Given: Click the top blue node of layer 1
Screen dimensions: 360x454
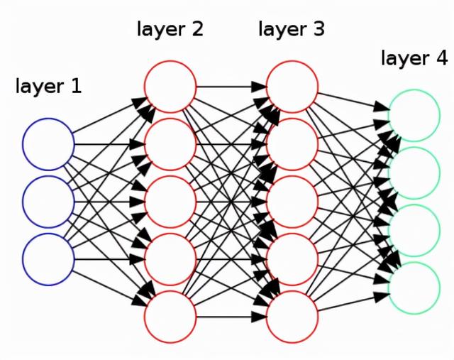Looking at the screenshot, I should pos(48,145).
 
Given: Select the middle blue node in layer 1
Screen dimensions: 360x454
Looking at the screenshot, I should pos(48,202).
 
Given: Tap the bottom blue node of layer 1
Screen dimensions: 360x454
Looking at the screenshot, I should pos(48,259).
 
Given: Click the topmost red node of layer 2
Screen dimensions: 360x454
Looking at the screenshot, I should pos(170,87).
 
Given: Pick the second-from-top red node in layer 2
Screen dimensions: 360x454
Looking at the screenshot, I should pos(170,144).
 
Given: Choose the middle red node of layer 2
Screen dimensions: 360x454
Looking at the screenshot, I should pos(170,202).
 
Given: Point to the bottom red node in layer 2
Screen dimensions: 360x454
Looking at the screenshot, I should pos(170,317).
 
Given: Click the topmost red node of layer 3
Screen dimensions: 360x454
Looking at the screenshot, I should pos(292,87).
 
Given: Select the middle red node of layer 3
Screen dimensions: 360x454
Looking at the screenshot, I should pos(292,202).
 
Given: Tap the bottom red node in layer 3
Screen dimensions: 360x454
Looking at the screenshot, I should pos(292,317).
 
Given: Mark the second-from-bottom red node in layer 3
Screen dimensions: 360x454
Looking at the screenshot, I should pos(292,259).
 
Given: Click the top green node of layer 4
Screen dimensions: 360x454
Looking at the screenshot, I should pos(414,115).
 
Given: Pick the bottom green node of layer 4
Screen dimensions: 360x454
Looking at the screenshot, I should pos(414,288).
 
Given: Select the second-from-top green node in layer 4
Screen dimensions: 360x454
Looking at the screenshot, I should pos(414,173).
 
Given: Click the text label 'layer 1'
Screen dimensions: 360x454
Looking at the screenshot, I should pos(48,87).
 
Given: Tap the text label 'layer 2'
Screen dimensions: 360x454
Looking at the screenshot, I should pos(170,30).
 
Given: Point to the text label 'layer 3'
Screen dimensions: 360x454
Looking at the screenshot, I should pos(292,30).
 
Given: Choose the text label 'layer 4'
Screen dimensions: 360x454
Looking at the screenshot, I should pos(414,58).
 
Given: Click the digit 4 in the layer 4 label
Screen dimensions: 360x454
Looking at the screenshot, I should pos(441,58).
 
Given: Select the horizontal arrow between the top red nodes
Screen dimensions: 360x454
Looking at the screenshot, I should pos(231,87).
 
